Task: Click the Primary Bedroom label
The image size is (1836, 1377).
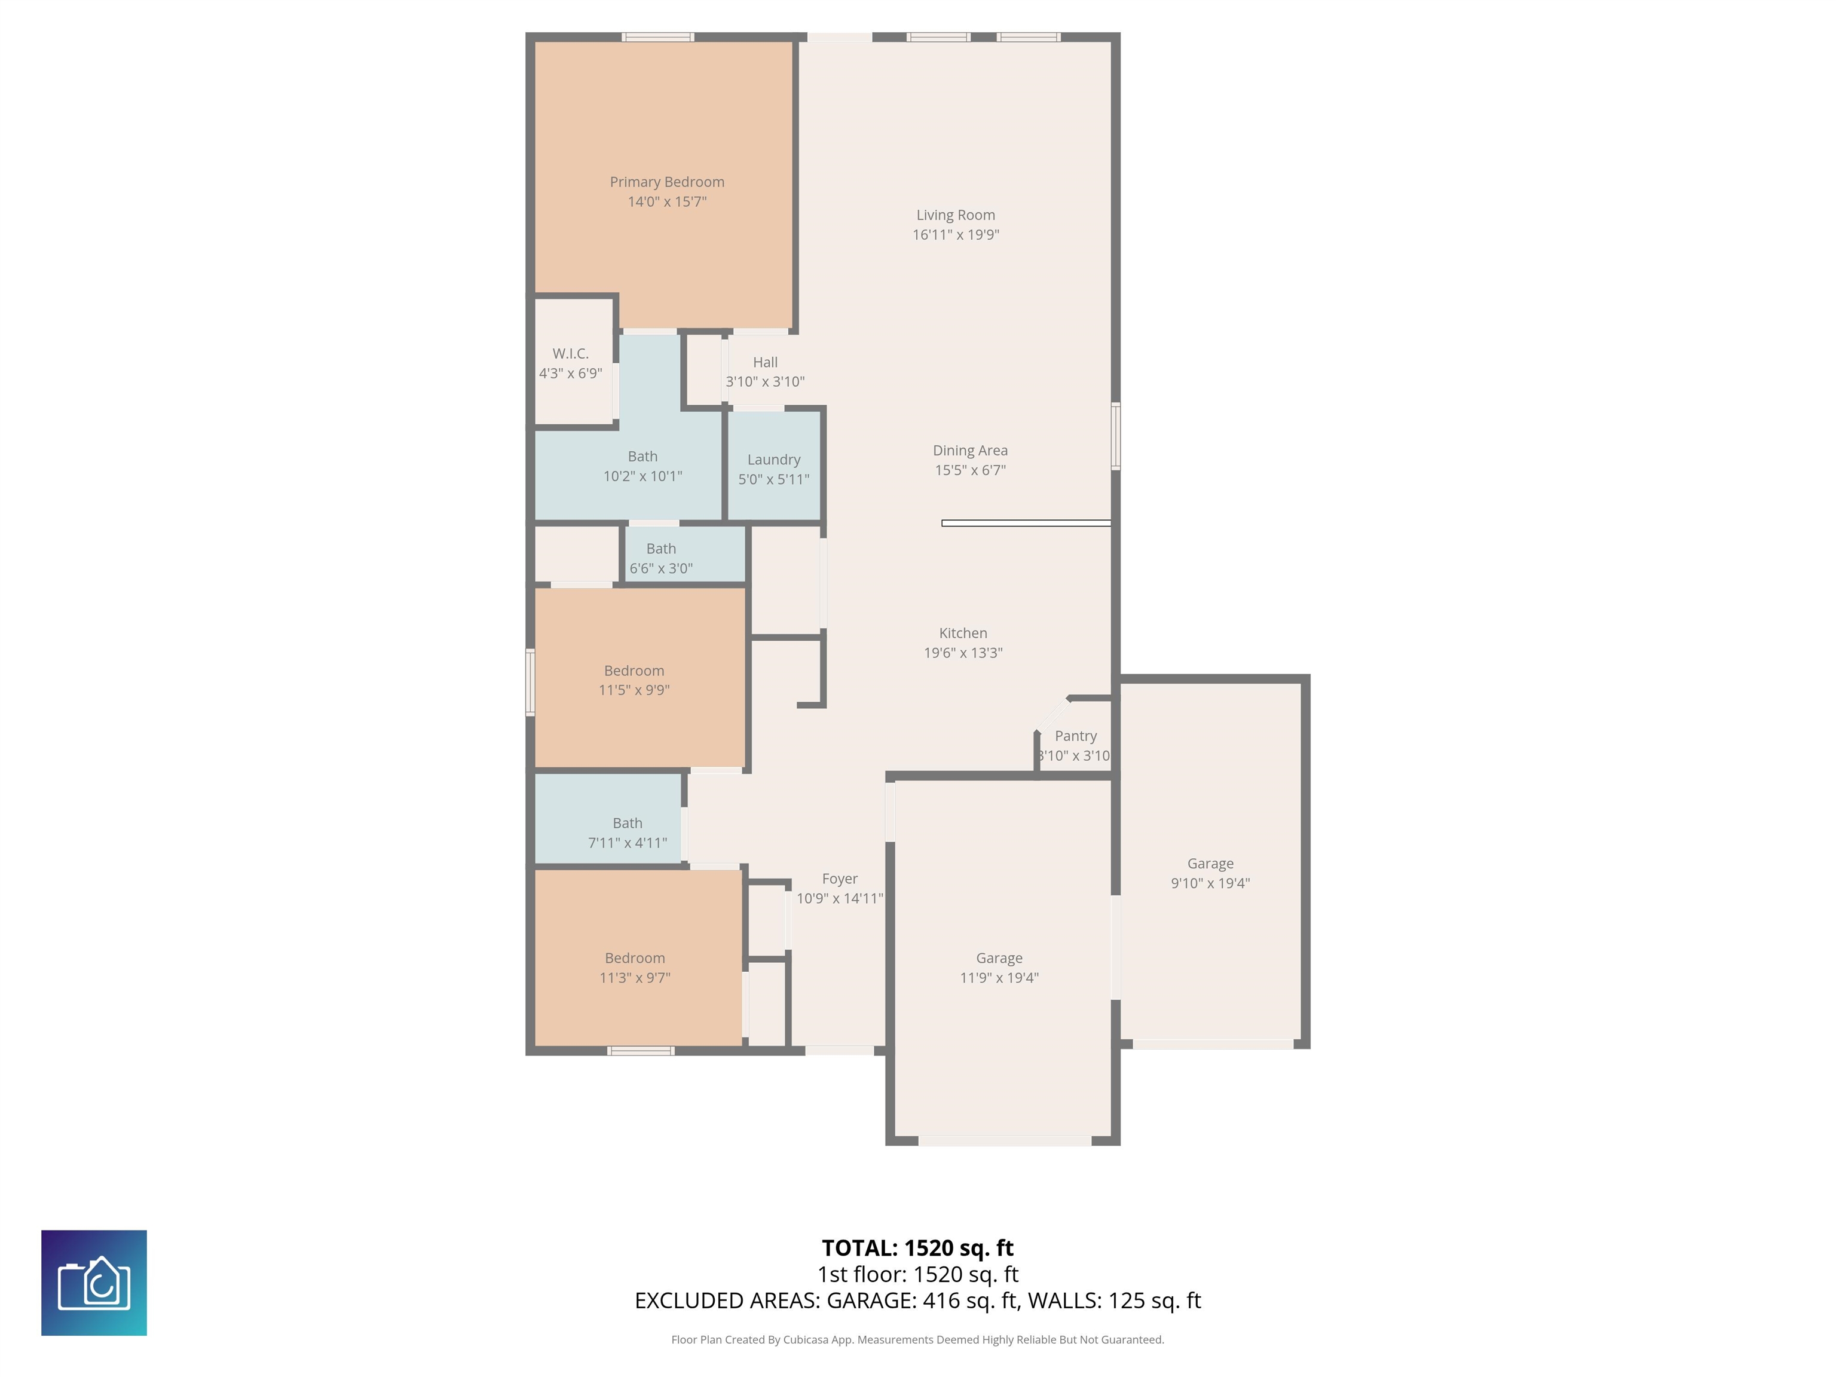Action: [666, 182]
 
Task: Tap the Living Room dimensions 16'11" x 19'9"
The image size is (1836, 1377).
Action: [955, 235]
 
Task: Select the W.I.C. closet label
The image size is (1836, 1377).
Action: [570, 354]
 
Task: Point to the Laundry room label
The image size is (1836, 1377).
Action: [773, 460]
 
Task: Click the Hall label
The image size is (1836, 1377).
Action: [765, 362]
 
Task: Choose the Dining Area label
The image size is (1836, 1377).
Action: [970, 451]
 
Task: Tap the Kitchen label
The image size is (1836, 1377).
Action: [963, 634]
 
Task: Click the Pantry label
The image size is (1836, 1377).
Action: [1076, 736]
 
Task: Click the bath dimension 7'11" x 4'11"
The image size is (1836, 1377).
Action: [628, 843]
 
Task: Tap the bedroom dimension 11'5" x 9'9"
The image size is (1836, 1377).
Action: [634, 690]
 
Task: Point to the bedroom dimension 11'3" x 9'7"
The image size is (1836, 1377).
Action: [635, 978]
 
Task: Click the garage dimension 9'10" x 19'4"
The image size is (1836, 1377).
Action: [1210, 883]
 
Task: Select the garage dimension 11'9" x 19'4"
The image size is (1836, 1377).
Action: [999, 978]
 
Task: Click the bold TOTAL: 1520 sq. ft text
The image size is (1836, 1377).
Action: [918, 1249]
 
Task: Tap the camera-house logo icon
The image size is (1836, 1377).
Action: [94, 1283]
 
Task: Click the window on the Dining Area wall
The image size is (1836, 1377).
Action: [1116, 437]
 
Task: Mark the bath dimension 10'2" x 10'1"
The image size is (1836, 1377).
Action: [642, 476]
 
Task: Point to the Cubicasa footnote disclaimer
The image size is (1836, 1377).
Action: [918, 1340]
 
